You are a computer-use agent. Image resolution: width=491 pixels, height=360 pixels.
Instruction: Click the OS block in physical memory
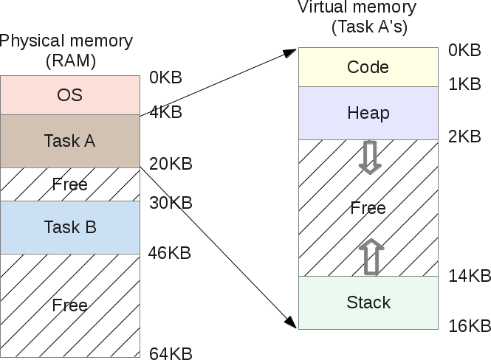point(70,95)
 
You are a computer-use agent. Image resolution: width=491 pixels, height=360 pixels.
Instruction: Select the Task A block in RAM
point(70,140)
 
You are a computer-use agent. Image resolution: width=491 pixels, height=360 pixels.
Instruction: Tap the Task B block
point(70,227)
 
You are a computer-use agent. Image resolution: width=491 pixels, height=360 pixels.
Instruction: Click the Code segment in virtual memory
point(368,67)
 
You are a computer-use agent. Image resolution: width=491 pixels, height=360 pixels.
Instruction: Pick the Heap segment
point(368,113)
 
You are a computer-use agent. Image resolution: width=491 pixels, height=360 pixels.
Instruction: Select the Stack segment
point(368,302)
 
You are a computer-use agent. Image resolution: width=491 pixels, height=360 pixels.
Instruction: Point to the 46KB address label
point(169,253)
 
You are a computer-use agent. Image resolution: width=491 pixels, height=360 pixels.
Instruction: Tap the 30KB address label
point(171,202)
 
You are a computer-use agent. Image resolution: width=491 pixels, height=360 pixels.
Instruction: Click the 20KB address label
point(171,164)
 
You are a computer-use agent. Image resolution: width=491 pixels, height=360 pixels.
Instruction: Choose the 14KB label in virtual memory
point(470,276)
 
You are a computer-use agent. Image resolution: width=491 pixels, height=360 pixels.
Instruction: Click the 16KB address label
point(470,325)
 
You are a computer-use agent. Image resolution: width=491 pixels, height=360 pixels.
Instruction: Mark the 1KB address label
point(464,84)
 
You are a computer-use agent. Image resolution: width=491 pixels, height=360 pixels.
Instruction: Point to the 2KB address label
point(464,136)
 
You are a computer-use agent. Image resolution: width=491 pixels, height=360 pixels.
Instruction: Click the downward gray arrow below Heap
point(368,156)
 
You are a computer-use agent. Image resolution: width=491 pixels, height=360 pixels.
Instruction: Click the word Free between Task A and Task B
point(70,184)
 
